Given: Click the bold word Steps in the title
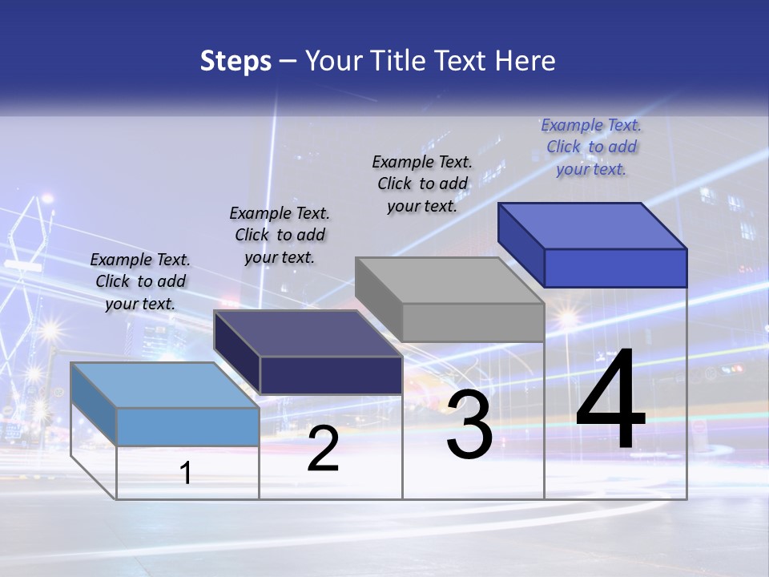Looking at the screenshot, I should pos(236,61).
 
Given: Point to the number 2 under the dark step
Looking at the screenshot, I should pos(323,449).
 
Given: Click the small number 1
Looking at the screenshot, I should pos(186,473).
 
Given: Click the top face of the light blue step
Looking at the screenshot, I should pos(164,385).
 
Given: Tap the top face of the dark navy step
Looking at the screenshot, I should pos(308,333).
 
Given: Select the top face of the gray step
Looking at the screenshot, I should pos(450,280).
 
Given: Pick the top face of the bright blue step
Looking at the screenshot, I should pos(593,225).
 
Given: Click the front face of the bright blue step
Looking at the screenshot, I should pos(615,268).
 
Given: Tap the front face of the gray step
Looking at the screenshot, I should pos(473,322).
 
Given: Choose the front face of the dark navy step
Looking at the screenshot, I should pos(331,375).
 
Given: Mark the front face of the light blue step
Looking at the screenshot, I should pos(187,426).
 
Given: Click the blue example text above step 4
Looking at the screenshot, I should pos(591,147).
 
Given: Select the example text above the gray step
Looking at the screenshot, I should pos(422,184).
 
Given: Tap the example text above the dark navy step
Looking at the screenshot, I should pos(280,235).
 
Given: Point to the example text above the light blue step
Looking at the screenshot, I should pos(140,281).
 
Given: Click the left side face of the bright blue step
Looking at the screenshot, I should pos(521,244).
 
